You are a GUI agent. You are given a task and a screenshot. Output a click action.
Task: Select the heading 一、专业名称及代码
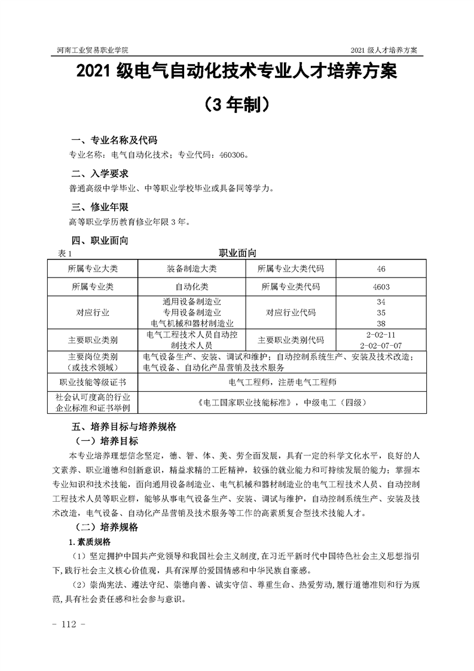click(114, 141)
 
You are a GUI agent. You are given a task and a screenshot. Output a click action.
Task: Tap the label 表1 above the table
click(65, 254)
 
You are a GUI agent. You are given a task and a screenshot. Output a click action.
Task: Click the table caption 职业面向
click(237, 254)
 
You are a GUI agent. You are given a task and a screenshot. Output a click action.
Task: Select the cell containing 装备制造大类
click(191, 269)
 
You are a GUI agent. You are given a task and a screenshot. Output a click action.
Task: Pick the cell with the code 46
click(381, 269)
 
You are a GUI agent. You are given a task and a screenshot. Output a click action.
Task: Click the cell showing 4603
click(381, 287)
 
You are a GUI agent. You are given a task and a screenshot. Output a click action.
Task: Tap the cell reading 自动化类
click(191, 287)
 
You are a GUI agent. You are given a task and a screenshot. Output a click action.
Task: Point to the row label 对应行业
click(93, 313)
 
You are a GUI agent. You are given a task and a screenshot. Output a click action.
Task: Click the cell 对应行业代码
click(290, 313)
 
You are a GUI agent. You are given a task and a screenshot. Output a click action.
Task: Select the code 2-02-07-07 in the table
click(381, 346)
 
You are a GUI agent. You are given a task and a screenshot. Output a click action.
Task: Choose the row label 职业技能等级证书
click(93, 382)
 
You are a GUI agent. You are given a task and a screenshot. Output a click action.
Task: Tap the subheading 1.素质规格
click(90, 542)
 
